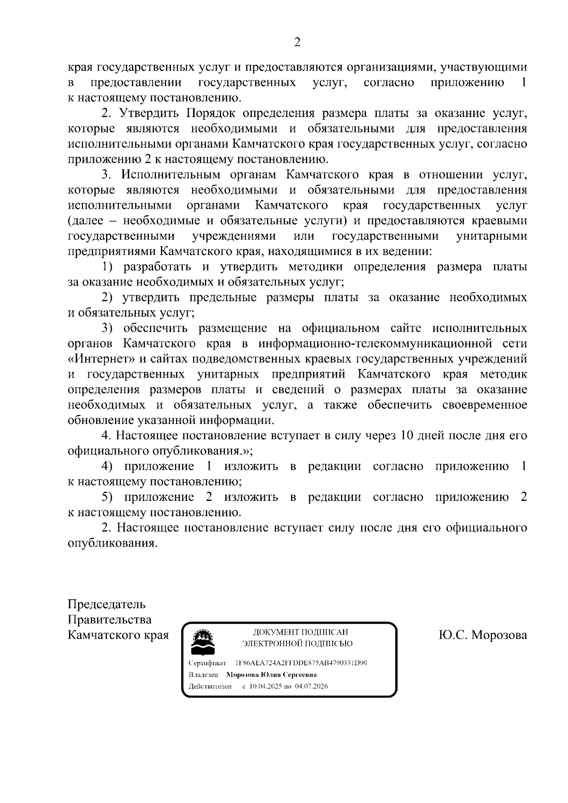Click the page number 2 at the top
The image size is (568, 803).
tap(297, 43)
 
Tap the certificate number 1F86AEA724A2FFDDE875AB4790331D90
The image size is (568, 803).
tap(301, 663)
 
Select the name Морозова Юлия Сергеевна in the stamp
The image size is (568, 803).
tap(271, 675)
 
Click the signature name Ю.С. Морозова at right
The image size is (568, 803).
tap(482, 635)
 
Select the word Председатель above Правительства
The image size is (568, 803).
tap(106, 604)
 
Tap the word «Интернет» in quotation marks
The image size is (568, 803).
tap(98, 359)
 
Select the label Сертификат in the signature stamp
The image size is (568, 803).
tap(207, 663)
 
